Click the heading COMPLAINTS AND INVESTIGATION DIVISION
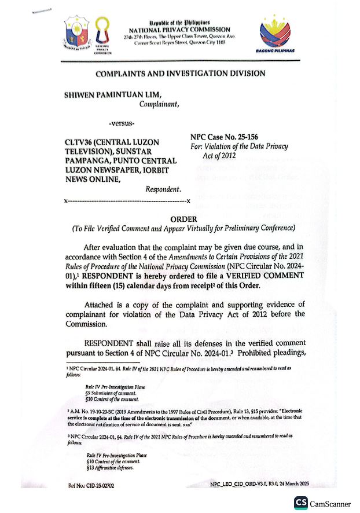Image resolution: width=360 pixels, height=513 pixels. coord(180,74)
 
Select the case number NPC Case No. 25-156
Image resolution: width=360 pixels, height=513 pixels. coord(225,138)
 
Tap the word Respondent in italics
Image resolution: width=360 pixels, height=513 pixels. coord(163,189)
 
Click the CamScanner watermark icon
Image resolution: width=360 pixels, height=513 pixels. coord(301,503)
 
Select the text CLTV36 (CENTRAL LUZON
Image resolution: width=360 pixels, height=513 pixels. coord(111,142)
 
